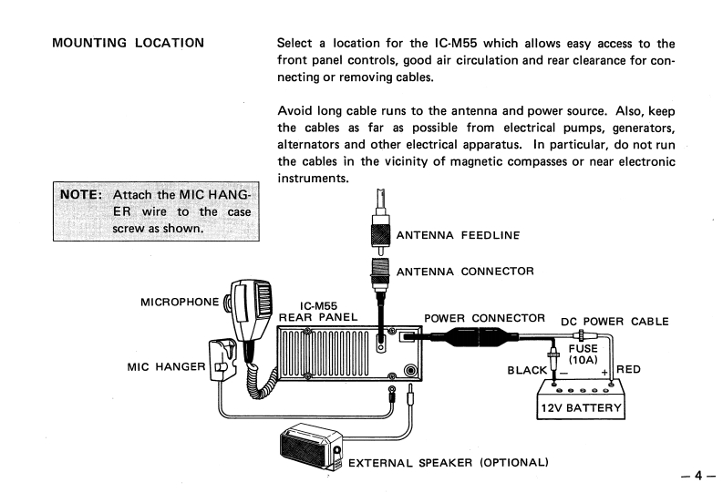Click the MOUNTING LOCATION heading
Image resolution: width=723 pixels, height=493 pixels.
tap(128, 43)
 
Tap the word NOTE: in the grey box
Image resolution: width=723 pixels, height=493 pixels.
tap(81, 194)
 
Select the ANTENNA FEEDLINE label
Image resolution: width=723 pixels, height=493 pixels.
tap(458, 235)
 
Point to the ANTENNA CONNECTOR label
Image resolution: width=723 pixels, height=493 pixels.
tap(465, 272)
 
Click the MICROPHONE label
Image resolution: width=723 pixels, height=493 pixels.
tap(180, 303)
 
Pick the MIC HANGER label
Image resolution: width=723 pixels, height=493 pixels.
tap(166, 366)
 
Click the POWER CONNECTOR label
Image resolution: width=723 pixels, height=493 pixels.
tap(484, 318)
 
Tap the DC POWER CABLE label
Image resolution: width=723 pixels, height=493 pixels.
tap(615, 321)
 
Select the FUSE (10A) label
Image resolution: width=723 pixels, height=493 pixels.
tap(583, 354)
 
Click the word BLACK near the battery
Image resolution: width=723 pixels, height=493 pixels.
tap(527, 370)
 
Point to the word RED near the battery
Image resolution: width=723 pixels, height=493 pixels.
tap(628, 369)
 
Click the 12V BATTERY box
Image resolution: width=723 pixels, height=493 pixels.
tap(581, 399)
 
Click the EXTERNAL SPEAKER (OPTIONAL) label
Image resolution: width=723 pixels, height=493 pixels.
tap(449, 463)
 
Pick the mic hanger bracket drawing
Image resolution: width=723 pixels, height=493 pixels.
tap(222, 360)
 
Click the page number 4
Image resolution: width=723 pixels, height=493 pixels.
tap(698, 476)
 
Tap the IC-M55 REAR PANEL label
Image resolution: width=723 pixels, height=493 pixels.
tap(318, 312)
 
